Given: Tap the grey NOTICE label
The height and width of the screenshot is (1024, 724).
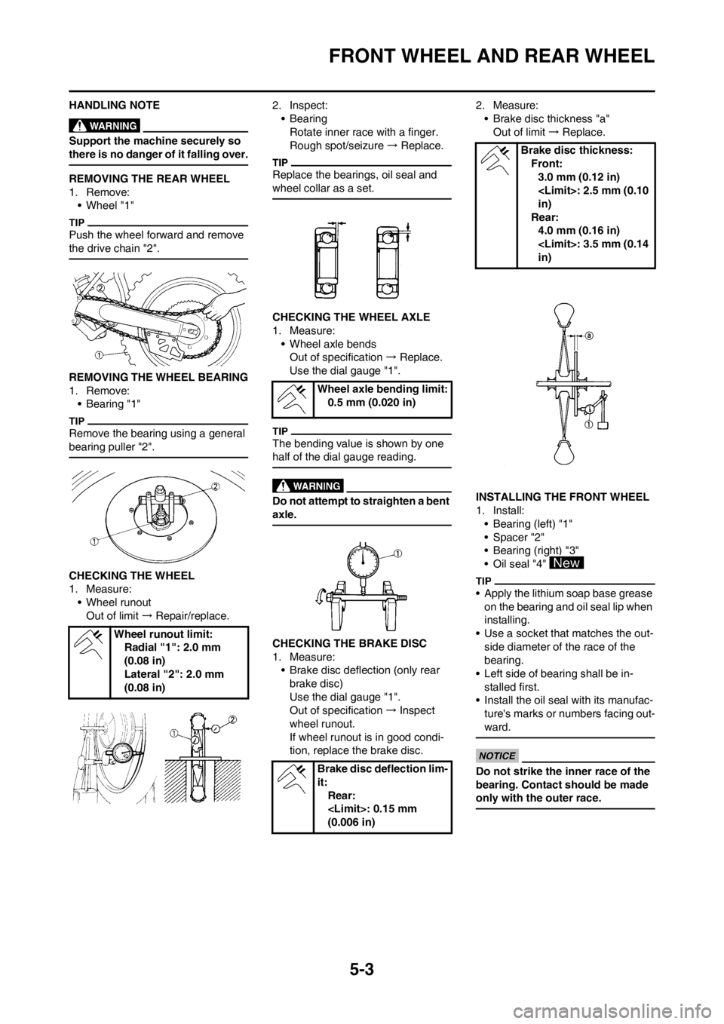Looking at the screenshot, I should point(497,756).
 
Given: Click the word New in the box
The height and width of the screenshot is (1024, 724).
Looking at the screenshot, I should point(566,563).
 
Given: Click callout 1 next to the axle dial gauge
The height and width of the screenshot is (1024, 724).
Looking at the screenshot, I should point(397,553).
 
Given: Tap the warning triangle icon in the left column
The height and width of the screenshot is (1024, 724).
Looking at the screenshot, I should point(78,124).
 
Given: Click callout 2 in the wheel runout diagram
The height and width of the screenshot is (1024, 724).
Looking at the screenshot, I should point(232,719).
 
